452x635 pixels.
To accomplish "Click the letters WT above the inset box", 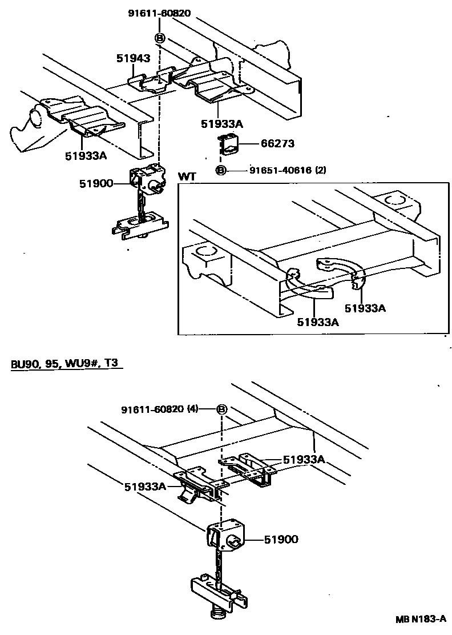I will (x=187, y=176).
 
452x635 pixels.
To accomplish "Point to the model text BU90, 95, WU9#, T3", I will (x=66, y=364).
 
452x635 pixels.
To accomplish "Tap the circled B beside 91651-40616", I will (x=221, y=170).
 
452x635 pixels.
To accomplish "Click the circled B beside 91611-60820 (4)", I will (x=222, y=409).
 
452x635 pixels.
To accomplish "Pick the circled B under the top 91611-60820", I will (x=160, y=38).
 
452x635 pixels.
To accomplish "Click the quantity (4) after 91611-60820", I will (x=193, y=409).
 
